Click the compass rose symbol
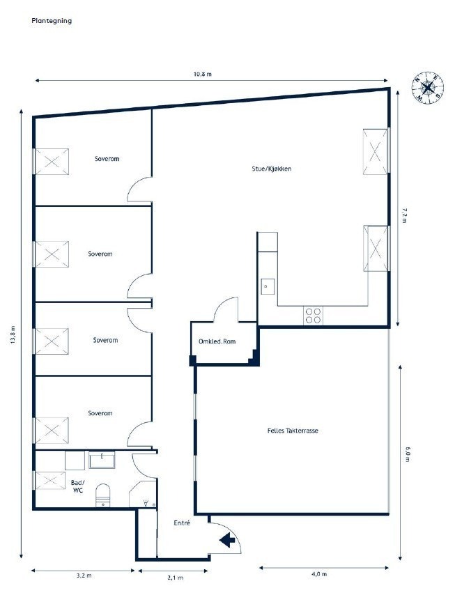point(428,88)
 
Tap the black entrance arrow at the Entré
point(227,539)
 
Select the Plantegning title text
point(52,21)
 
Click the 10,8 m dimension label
point(203,74)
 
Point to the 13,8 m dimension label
point(13,334)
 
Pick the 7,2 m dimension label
point(403,215)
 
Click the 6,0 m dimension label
point(408,454)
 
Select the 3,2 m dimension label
point(84,575)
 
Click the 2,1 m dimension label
point(176,578)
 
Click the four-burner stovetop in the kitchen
point(313,316)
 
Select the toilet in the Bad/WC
point(102,495)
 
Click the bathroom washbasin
point(102,460)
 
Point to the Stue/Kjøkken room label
point(272,169)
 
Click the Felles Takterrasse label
point(293,431)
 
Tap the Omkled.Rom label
point(217,341)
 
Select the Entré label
point(182,523)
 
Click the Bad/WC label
point(78,486)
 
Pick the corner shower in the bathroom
point(143,494)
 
